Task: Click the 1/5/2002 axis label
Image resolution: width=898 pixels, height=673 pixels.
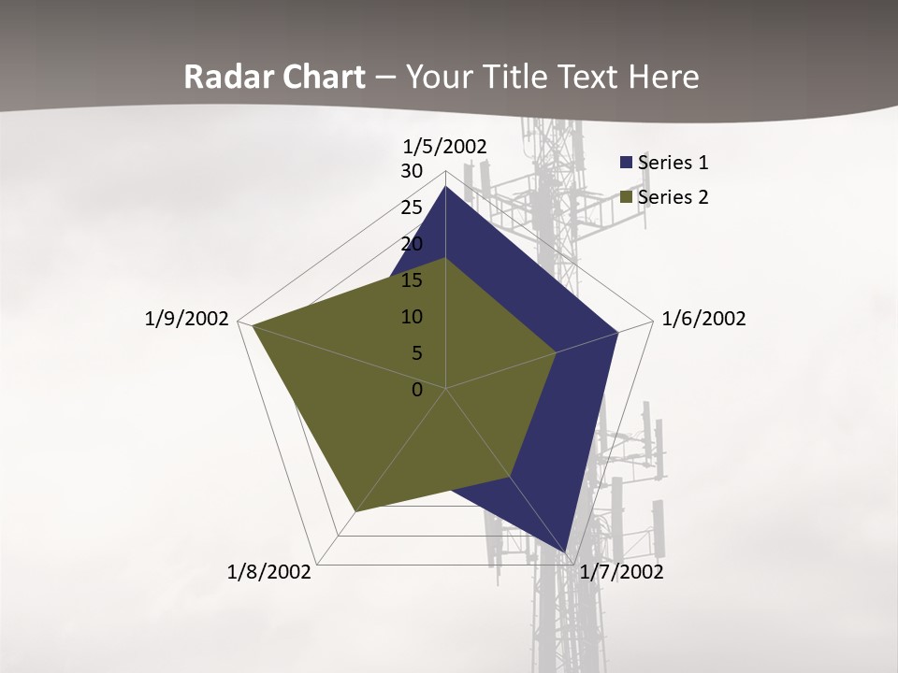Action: (x=445, y=146)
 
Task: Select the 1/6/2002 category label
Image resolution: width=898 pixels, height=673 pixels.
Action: (x=703, y=319)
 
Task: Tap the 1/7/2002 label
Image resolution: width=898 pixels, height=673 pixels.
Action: (x=621, y=572)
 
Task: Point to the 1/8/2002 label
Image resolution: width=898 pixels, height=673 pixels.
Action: (x=269, y=572)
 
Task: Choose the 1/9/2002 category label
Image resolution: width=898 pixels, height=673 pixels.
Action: (x=187, y=319)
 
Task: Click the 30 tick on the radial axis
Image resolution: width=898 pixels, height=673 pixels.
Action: (x=412, y=171)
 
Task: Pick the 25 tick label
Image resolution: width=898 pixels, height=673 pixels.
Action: (x=412, y=208)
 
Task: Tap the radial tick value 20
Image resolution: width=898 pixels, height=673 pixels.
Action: (x=412, y=244)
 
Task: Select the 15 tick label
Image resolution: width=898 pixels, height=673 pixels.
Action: (x=412, y=280)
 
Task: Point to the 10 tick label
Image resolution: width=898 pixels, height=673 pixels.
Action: (x=412, y=317)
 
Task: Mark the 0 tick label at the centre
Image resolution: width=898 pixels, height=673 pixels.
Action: (x=417, y=390)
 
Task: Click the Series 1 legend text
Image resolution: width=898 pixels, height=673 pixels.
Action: (x=673, y=163)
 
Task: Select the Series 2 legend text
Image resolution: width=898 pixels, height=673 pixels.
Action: (x=673, y=197)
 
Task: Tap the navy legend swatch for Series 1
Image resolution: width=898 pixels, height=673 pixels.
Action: (x=626, y=163)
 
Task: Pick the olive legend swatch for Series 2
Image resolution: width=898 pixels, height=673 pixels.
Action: (x=626, y=197)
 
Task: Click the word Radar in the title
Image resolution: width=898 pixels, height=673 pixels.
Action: (x=224, y=78)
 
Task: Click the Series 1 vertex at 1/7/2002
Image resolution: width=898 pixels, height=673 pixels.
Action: (x=567, y=553)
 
